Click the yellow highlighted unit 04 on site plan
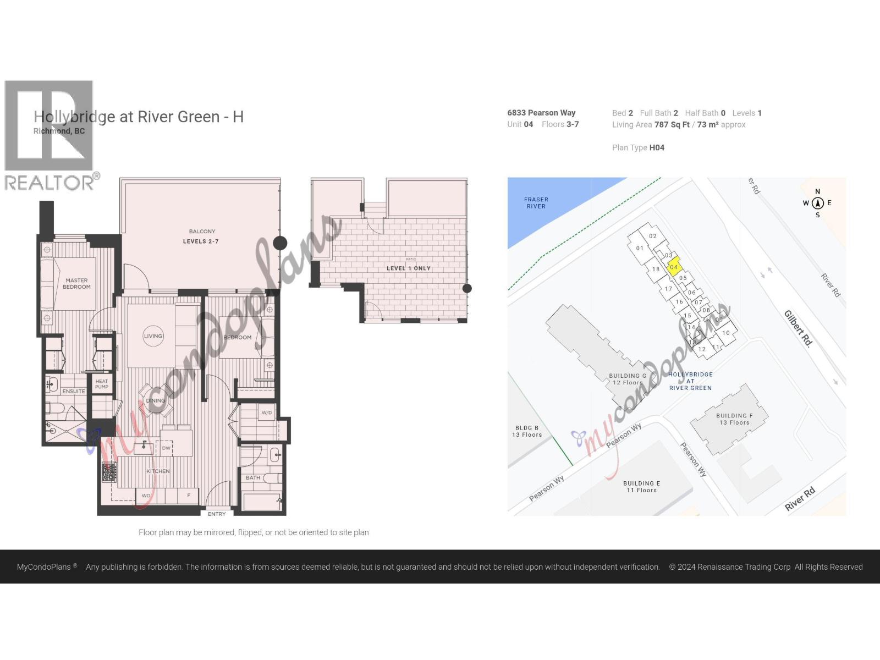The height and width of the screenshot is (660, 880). tap(674, 267)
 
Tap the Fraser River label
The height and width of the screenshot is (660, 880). tap(536, 203)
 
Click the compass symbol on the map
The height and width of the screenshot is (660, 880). tap(817, 203)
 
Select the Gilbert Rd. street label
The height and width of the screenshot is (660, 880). tap(798, 328)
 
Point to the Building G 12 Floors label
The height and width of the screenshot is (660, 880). tap(627, 380)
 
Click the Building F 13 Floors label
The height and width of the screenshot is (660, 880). tap(734, 419)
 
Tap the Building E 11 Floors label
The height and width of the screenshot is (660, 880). tap(641, 487)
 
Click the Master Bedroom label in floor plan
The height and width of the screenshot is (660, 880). tap(76, 283)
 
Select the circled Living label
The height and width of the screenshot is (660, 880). tap(153, 336)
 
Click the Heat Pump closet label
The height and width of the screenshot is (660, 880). tap(102, 384)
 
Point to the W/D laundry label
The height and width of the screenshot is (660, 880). tap(267, 413)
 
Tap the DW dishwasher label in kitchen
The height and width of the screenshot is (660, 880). tap(166, 448)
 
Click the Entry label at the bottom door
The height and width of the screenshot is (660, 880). tap(217, 514)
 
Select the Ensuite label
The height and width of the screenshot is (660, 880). tap(74, 392)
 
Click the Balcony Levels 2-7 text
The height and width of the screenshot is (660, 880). tap(201, 237)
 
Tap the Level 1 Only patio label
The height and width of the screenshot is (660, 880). tap(408, 268)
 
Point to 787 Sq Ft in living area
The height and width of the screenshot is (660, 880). tap(672, 125)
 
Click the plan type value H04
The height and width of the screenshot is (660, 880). tap(657, 147)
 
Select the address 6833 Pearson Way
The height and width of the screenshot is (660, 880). tap(541, 113)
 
